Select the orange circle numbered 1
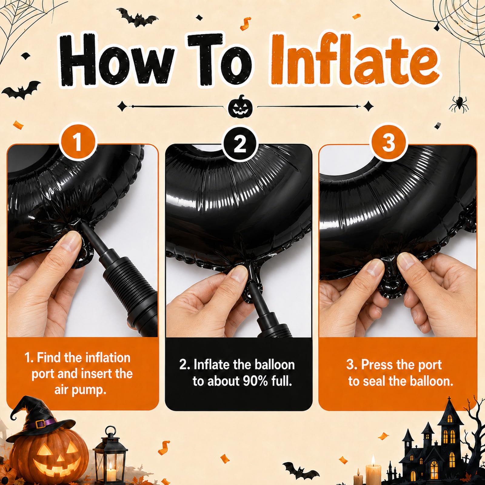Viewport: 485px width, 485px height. pyautogui.click(x=78, y=143)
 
